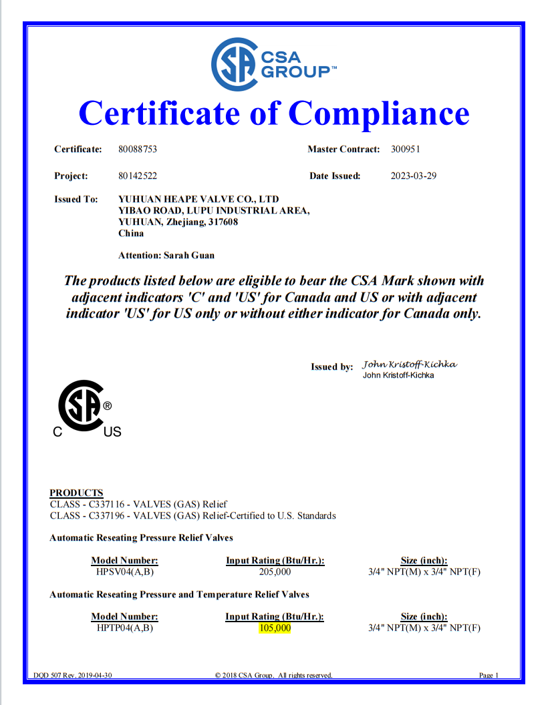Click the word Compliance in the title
379,112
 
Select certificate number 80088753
137,150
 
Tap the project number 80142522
137,176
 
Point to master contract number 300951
405,150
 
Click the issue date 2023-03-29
413,176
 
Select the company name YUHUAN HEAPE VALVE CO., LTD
198,200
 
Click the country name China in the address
130,234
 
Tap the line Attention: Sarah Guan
166,255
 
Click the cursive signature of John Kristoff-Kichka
409,365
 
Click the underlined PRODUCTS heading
76,493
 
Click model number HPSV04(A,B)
124,572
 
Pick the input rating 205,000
275,572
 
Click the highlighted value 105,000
275,628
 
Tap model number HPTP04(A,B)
124,628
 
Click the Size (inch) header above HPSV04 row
424,561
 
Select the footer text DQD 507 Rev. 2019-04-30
73,676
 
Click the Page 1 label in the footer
489,676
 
